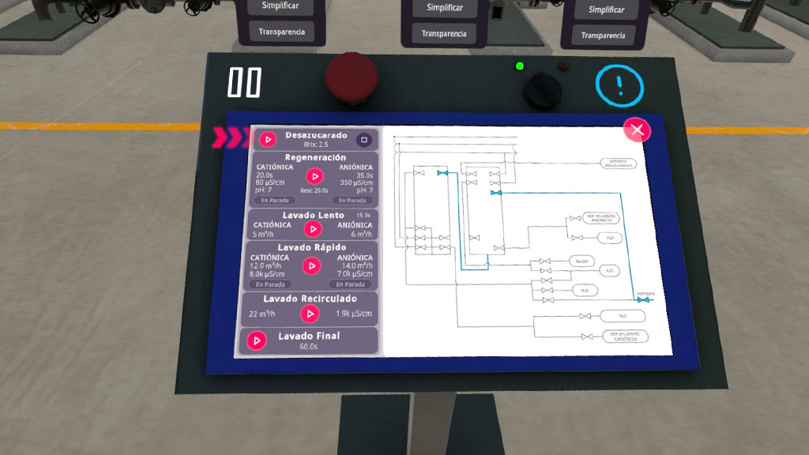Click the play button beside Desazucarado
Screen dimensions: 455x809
[x=268, y=140]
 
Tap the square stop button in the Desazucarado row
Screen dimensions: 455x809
[x=363, y=140]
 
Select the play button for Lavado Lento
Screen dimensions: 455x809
[x=314, y=228]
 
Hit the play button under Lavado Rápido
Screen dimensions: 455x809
[x=313, y=265]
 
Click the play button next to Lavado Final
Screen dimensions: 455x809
[x=256, y=340]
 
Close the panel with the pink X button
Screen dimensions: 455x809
[x=637, y=130]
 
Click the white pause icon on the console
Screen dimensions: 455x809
[x=244, y=82]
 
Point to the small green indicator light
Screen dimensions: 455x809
[x=520, y=66]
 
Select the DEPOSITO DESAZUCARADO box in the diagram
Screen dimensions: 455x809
[x=623, y=164]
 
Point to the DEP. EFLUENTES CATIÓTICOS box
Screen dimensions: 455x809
[x=624, y=337]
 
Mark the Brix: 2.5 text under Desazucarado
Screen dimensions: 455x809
[x=316, y=145]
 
